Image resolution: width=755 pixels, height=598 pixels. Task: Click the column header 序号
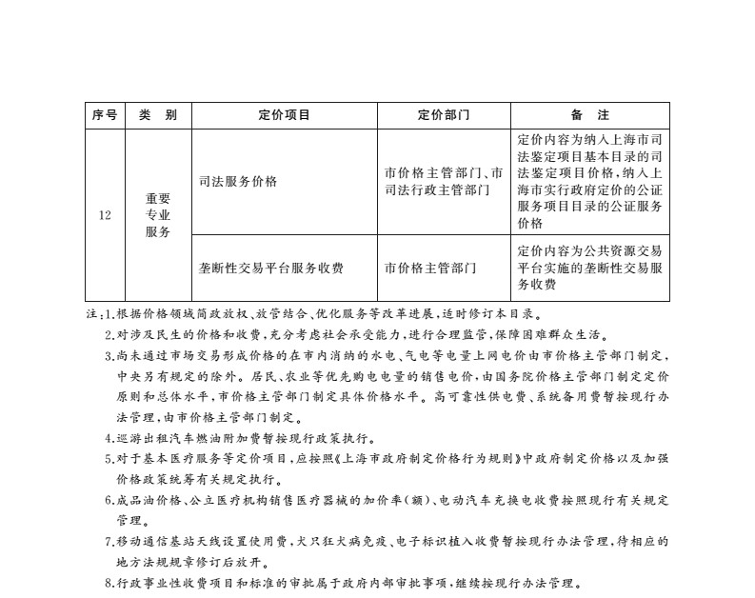pyautogui.click(x=105, y=115)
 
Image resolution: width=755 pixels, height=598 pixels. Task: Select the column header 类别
pyautogui.click(x=158, y=115)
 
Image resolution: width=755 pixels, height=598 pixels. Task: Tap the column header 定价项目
pyautogui.click(x=284, y=115)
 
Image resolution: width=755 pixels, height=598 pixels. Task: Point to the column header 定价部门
pyautogui.click(x=444, y=115)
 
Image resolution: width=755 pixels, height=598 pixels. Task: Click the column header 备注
pyautogui.click(x=590, y=115)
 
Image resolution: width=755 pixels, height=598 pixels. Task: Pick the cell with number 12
pyautogui.click(x=105, y=215)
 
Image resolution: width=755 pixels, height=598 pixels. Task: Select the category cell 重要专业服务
pyautogui.click(x=158, y=215)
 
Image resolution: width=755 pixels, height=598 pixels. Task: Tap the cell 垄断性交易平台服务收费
pyautogui.click(x=271, y=268)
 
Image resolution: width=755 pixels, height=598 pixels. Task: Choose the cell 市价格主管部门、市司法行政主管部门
pyautogui.click(x=444, y=181)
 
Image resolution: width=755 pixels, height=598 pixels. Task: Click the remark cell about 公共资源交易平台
pyautogui.click(x=590, y=268)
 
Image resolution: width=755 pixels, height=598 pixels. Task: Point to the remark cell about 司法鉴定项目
pyautogui.click(x=590, y=181)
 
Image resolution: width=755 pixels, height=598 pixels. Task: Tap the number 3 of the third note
pyautogui.click(x=109, y=356)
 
